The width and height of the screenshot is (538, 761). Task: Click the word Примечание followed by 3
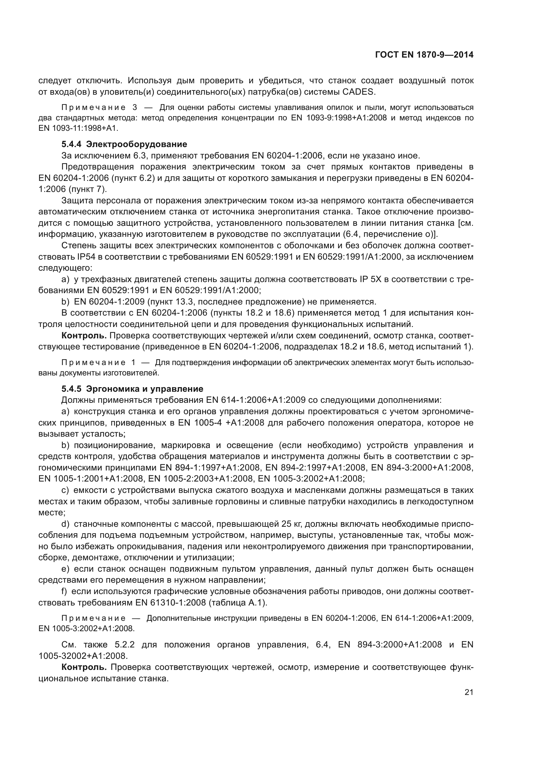[x=93, y=107]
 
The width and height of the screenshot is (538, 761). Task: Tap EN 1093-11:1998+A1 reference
[x=78, y=128]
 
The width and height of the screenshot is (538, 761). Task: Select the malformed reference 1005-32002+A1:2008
[x=83, y=656]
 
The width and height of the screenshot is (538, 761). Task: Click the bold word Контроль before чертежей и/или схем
[x=84, y=335]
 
